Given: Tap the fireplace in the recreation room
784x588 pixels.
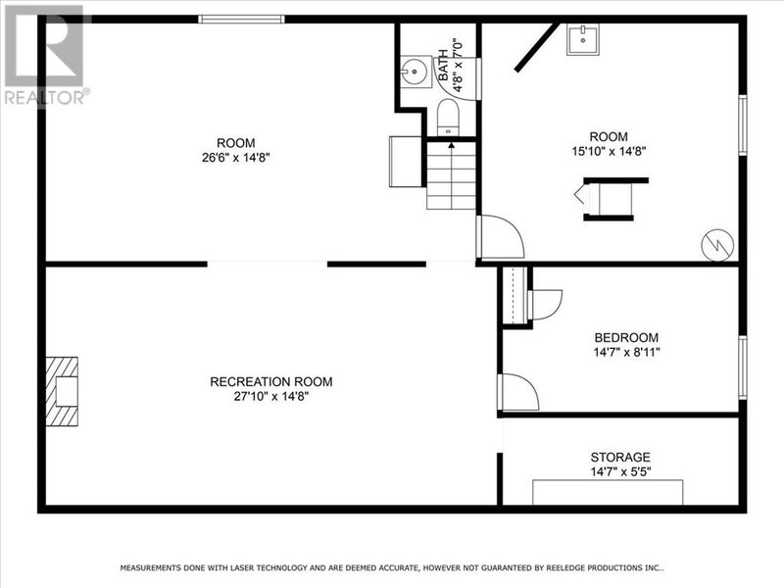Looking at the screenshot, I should coord(63,390).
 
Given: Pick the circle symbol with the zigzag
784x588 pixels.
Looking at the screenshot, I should coord(717,243).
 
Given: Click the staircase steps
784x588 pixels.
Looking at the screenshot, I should coord(451,176).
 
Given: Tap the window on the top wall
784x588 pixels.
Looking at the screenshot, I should coord(242,19).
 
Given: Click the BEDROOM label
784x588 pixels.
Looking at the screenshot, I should coord(625,337).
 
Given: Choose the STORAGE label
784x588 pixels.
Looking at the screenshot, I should coord(619,458).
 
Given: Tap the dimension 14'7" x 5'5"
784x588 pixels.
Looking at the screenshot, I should coord(619,471).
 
